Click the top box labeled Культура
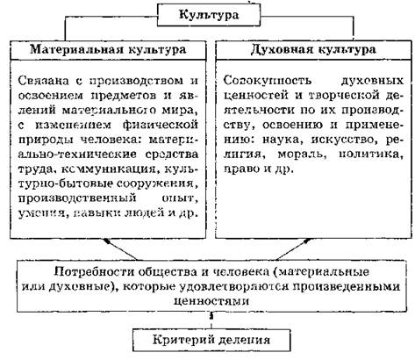(209, 15)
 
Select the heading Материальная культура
(108, 49)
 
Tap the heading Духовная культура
(313, 49)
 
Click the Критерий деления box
(211, 340)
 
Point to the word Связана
(44, 81)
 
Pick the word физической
(161, 125)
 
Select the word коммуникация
(111, 169)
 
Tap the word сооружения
(157, 184)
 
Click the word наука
(281, 140)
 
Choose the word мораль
(302, 155)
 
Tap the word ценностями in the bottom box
(211, 301)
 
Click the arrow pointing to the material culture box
(120, 249)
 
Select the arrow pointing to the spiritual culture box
(294, 248)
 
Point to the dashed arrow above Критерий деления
(211, 320)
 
